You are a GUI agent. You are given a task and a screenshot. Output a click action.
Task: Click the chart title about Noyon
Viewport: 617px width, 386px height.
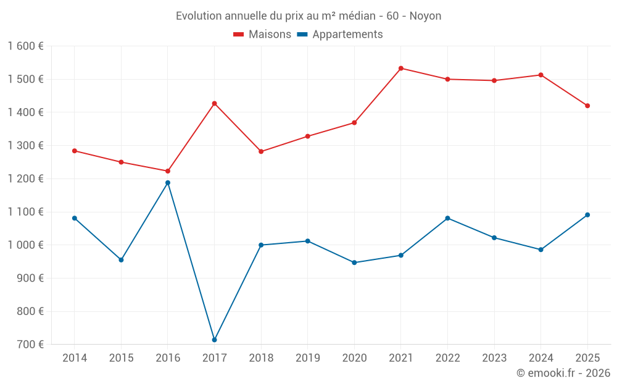click(308, 16)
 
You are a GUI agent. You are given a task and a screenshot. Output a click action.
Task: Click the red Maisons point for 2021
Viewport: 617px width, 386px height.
click(401, 69)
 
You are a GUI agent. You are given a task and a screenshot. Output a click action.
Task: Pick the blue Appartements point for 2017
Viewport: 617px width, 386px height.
click(215, 340)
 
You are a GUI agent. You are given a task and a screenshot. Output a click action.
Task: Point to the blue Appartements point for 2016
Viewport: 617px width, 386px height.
click(168, 183)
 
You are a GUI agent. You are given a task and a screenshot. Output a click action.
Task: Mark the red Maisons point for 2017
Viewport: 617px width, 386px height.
click(215, 104)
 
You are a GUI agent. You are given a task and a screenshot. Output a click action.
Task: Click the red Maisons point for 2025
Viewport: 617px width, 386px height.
click(587, 106)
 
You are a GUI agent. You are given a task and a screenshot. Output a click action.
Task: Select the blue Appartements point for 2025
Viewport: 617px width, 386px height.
click(587, 215)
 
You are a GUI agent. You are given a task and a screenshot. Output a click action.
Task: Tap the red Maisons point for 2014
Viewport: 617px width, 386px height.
click(75, 151)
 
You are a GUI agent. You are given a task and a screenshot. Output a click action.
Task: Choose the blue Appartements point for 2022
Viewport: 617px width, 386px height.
click(447, 218)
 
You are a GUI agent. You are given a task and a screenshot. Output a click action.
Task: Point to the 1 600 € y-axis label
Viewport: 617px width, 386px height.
click(25, 46)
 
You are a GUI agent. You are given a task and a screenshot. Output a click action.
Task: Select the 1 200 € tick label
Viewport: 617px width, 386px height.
click(25, 179)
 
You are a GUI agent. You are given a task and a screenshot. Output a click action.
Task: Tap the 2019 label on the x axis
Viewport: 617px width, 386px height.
click(308, 358)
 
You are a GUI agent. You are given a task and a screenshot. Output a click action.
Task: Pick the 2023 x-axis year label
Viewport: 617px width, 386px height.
click(494, 358)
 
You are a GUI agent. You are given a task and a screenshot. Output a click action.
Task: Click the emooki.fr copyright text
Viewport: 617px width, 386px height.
click(563, 373)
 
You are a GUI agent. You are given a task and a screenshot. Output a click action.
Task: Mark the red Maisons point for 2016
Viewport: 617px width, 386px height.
click(168, 171)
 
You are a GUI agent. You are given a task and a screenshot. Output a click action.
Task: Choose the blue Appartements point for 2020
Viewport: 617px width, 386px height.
click(354, 262)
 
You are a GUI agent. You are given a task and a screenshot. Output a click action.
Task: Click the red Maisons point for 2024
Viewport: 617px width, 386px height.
click(541, 75)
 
